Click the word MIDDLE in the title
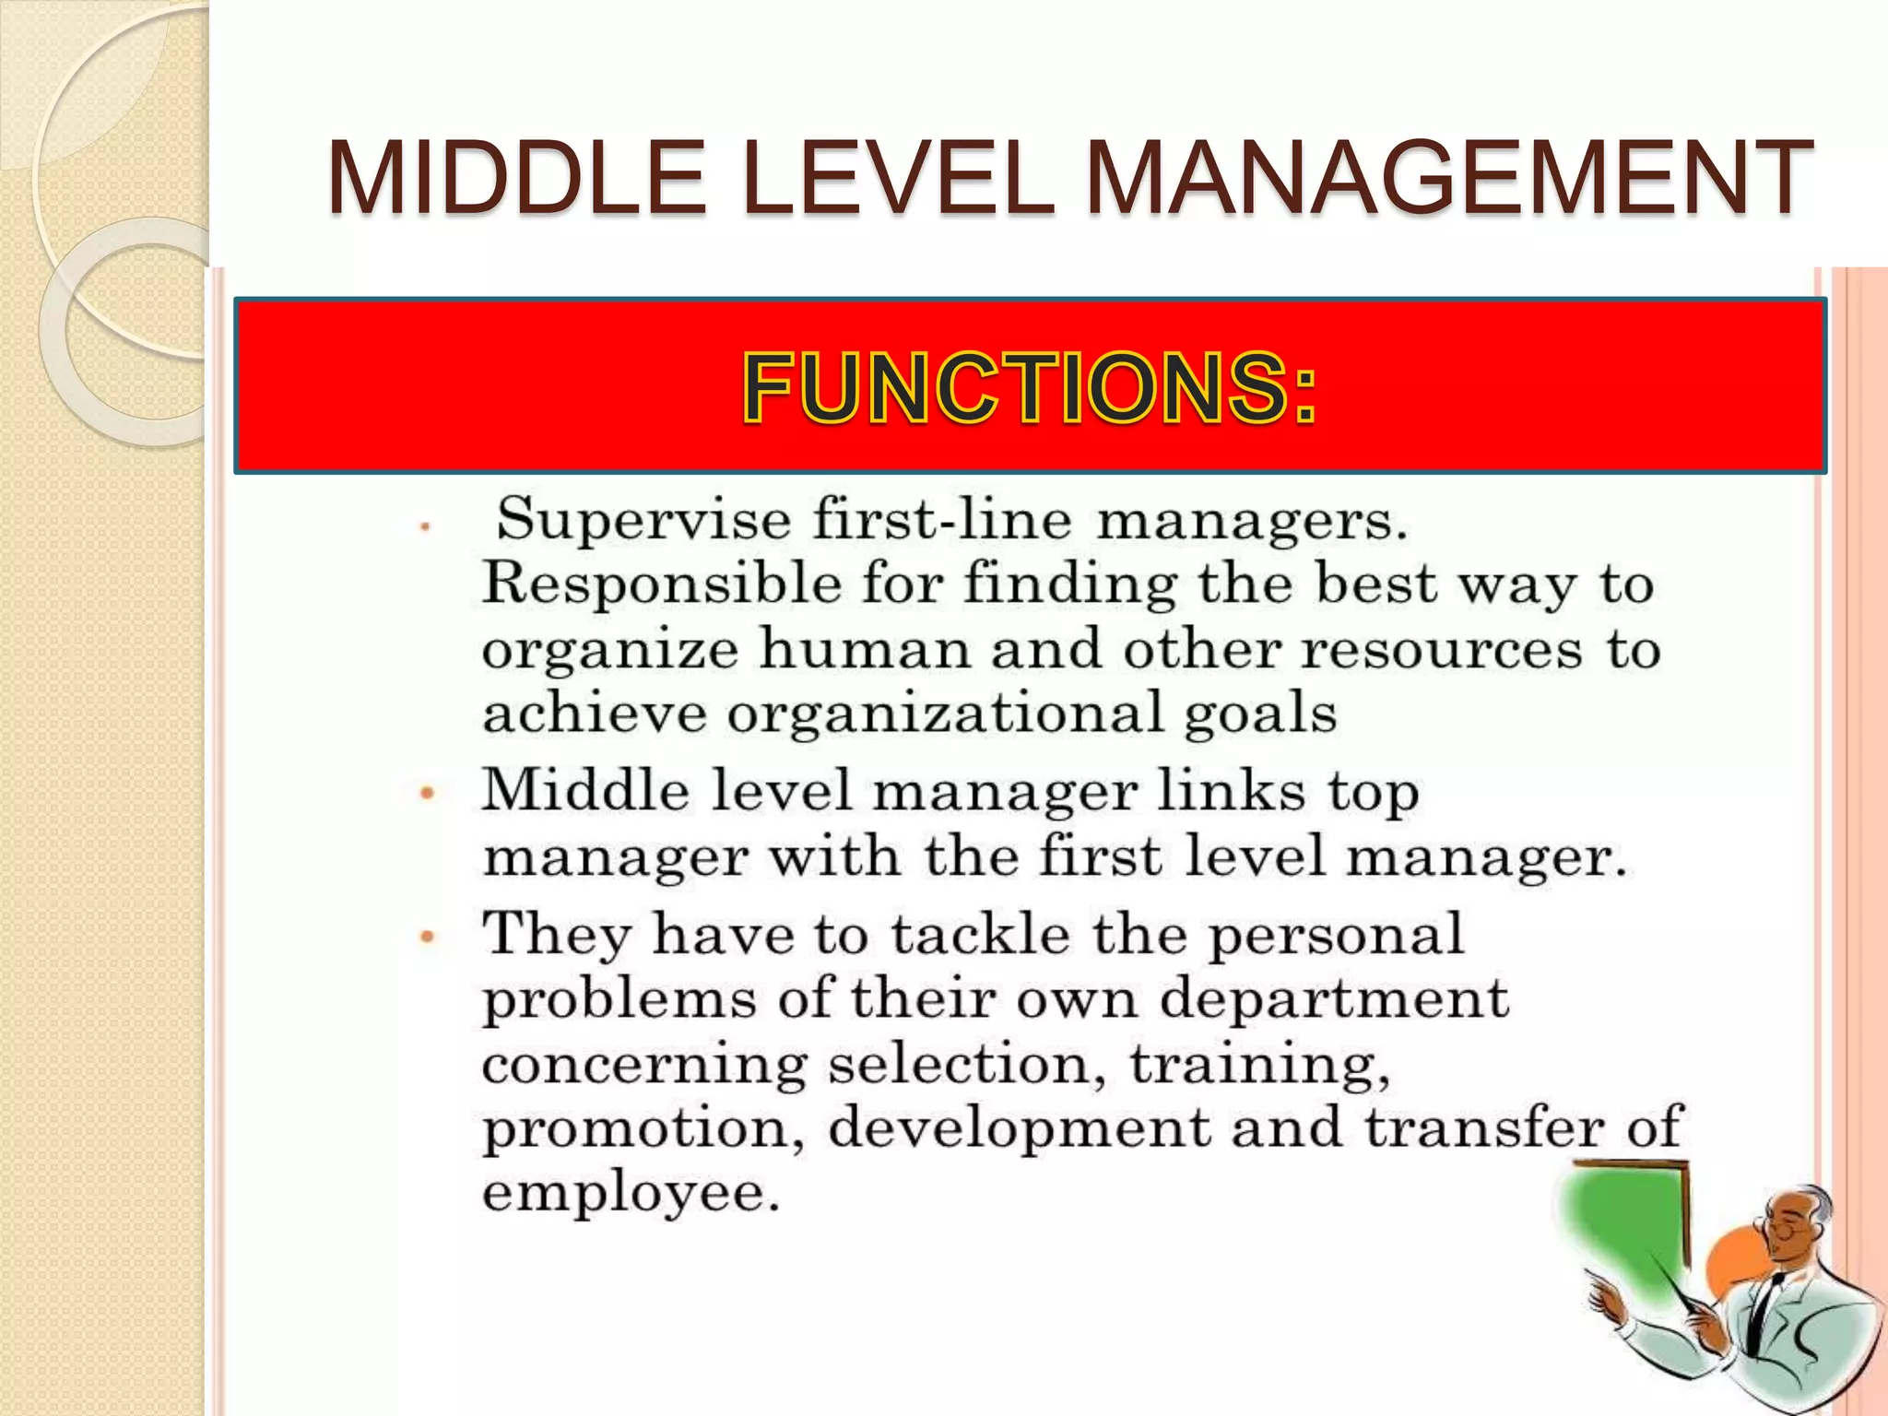tap(517, 177)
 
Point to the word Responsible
tap(662, 585)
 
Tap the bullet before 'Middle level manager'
tap(427, 792)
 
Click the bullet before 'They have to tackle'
tap(427, 937)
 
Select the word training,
tap(1259, 1066)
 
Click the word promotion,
tap(643, 1130)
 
